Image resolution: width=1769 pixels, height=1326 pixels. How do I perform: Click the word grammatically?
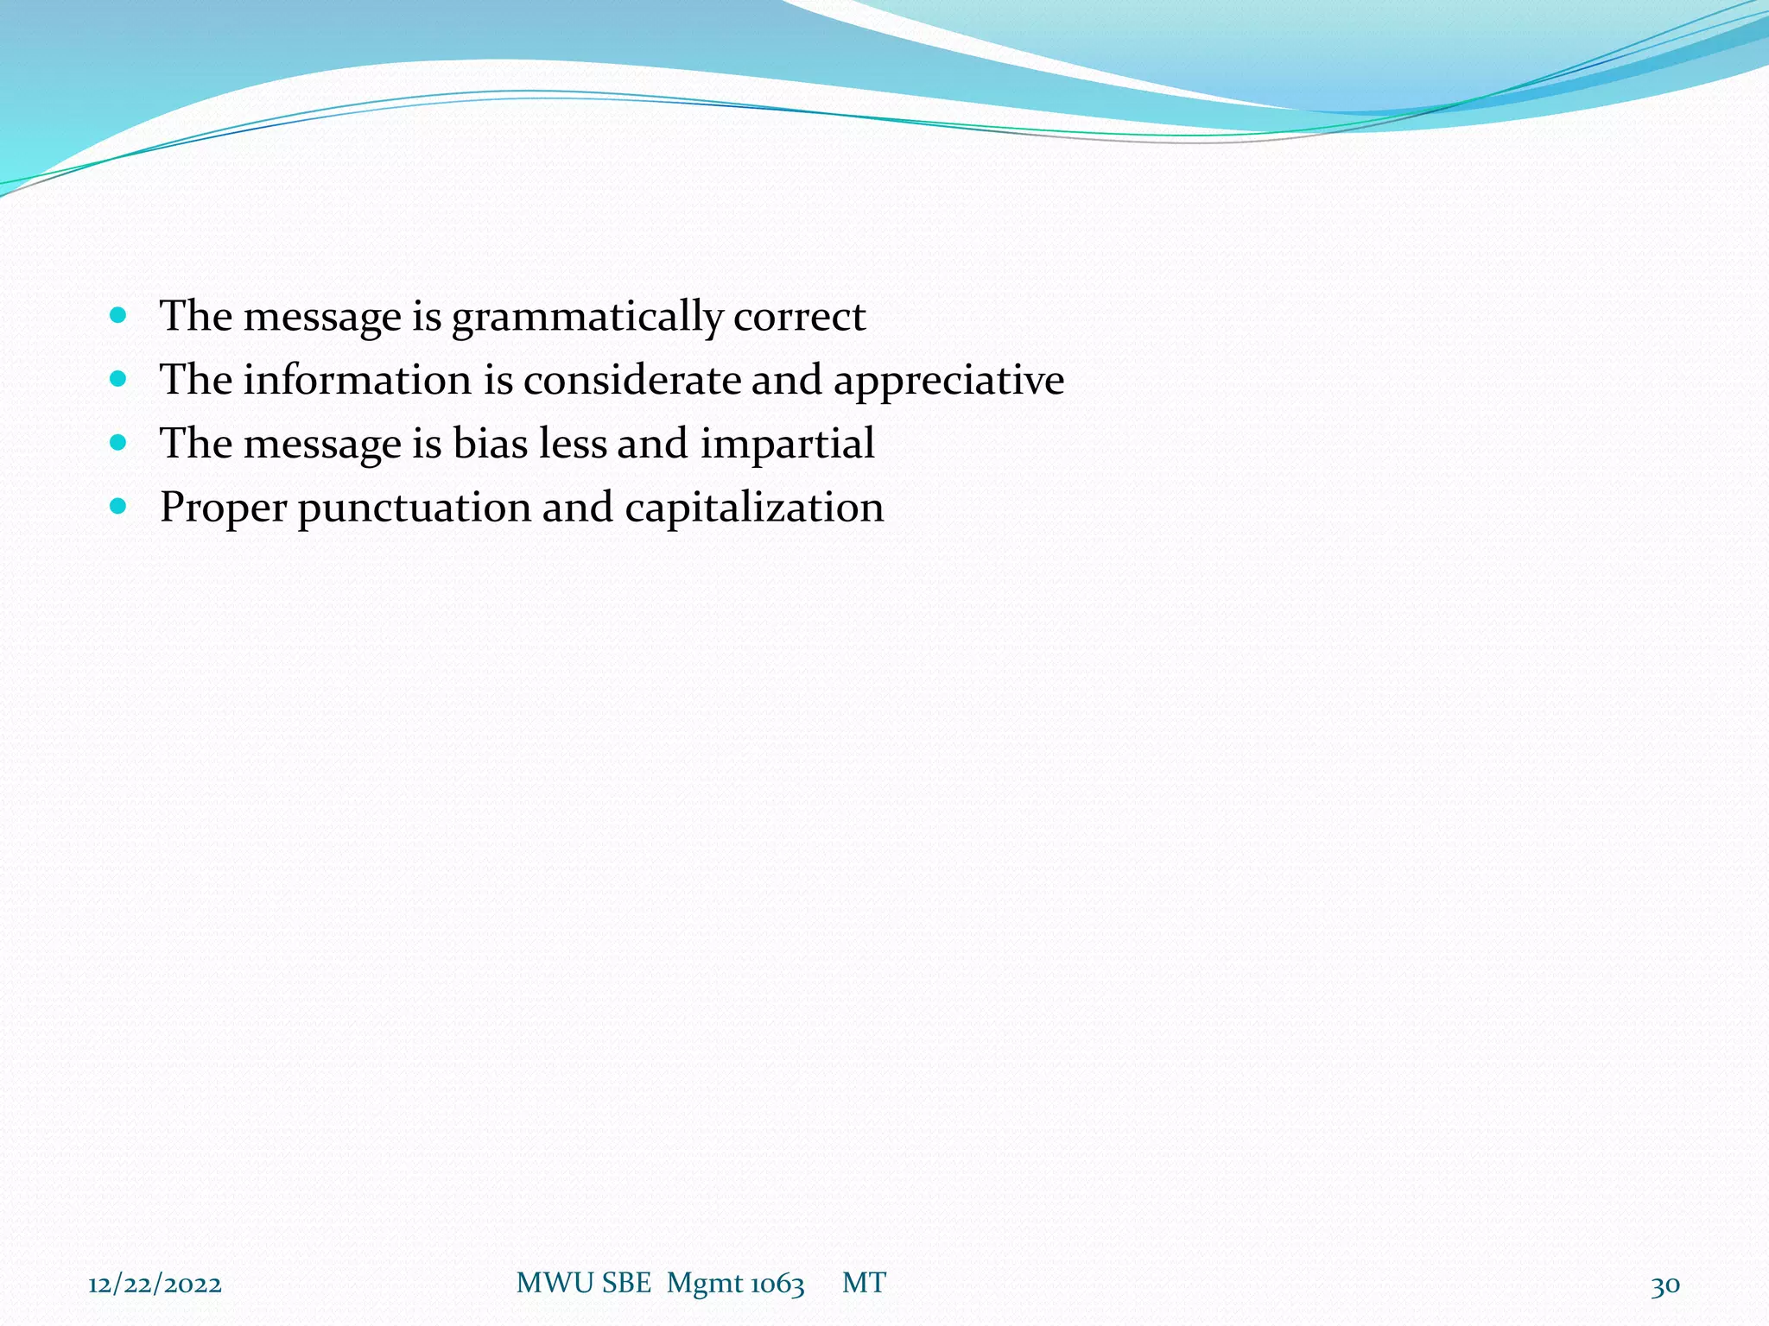click(x=586, y=318)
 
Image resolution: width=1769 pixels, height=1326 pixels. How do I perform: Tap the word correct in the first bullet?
click(x=799, y=317)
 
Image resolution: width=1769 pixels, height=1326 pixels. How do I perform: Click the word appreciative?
click(x=948, y=382)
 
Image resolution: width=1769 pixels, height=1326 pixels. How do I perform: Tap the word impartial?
click(x=787, y=445)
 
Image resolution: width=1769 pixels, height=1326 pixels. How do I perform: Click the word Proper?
click(x=223, y=508)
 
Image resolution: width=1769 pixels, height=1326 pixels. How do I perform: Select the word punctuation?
click(x=415, y=508)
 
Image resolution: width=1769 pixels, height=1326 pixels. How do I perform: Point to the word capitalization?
click(x=754, y=508)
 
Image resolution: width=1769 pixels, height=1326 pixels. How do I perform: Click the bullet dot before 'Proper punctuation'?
click(x=119, y=505)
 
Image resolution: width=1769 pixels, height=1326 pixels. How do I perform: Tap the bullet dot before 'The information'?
click(x=119, y=378)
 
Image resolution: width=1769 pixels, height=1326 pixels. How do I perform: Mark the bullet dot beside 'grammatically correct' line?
click(x=119, y=314)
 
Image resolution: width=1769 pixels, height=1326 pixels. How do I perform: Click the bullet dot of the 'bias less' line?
click(x=119, y=442)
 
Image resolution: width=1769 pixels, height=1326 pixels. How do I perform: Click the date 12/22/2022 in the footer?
click(x=155, y=1285)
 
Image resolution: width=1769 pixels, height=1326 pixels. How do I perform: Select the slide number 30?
click(x=1665, y=1285)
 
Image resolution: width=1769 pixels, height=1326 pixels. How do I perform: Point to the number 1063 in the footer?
click(x=777, y=1284)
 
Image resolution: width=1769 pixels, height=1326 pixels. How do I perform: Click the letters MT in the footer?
click(x=864, y=1283)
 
